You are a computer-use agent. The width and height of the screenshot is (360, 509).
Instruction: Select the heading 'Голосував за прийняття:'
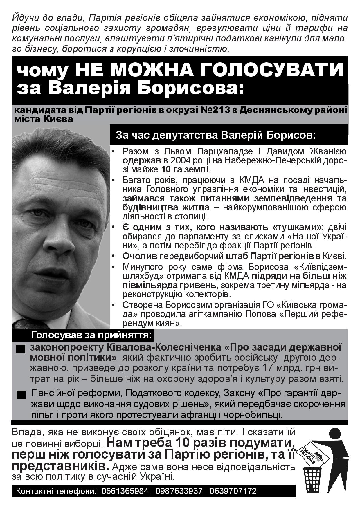(x=91, y=335)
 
